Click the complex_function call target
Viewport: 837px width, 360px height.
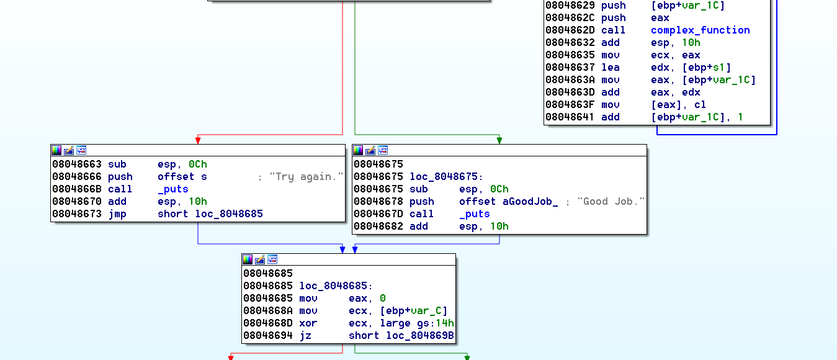(x=700, y=30)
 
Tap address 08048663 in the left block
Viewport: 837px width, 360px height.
(x=77, y=164)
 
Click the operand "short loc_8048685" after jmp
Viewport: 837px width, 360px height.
(x=210, y=214)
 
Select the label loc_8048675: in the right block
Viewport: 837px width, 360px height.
(x=443, y=177)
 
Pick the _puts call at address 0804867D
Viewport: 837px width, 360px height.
(x=475, y=214)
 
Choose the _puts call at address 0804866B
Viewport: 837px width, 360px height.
(x=173, y=189)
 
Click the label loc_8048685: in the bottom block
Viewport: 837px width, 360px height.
(x=336, y=286)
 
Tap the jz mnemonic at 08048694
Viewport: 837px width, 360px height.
(x=305, y=336)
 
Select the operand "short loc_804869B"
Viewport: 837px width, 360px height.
(x=401, y=336)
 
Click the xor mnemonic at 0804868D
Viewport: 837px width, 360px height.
(x=308, y=323)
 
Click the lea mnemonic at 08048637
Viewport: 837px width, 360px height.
(x=610, y=68)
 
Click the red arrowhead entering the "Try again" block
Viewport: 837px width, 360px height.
(x=198, y=140)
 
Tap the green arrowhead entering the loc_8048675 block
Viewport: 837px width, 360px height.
(x=499, y=140)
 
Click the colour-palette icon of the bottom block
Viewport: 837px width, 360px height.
(x=248, y=259)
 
